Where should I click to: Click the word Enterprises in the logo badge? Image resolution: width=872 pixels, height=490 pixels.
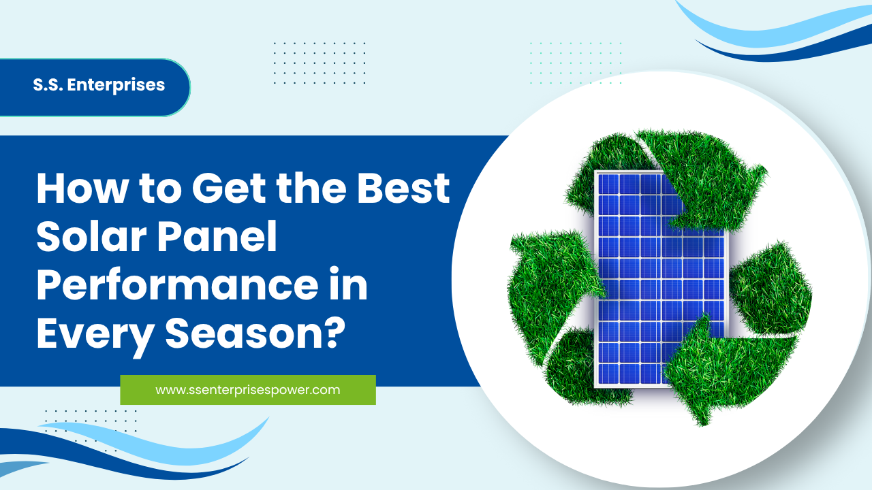tap(116, 86)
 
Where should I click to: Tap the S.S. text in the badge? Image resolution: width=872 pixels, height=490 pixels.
tap(48, 85)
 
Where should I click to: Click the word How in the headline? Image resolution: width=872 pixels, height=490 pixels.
tap(82, 189)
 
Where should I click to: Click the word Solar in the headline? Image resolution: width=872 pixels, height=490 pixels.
tap(91, 236)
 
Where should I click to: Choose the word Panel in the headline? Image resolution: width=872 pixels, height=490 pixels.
tap(217, 236)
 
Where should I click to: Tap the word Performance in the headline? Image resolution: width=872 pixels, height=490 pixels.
tap(177, 285)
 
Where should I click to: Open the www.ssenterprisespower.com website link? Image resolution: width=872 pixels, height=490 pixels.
tap(248, 390)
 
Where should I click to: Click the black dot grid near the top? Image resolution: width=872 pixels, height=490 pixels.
tap(320, 63)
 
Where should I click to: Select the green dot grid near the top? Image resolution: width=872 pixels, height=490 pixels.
tap(576, 63)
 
